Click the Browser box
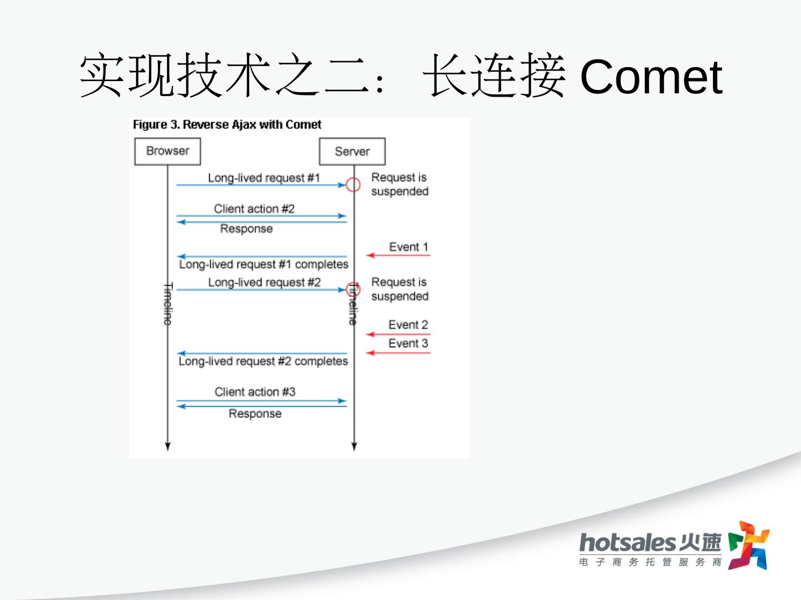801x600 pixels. [x=167, y=151]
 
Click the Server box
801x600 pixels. [x=352, y=152]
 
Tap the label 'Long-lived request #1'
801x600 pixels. [x=264, y=178]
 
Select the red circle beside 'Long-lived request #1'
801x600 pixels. [x=353, y=184]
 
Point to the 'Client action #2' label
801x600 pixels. [x=254, y=209]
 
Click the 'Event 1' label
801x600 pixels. [x=408, y=247]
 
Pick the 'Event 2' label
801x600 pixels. [x=408, y=324]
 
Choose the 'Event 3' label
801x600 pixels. [x=408, y=343]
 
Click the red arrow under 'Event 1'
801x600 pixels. [x=398, y=256]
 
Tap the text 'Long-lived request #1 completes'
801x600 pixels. [x=264, y=264]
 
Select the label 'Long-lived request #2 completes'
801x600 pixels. [x=263, y=361]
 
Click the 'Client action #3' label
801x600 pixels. [x=255, y=392]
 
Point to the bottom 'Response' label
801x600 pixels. [x=255, y=414]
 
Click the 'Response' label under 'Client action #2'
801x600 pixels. [x=246, y=229]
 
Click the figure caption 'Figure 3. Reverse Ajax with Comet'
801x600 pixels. [x=227, y=124]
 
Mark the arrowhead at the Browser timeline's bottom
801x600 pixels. [x=168, y=446]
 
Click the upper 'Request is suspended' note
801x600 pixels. [x=399, y=184]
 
